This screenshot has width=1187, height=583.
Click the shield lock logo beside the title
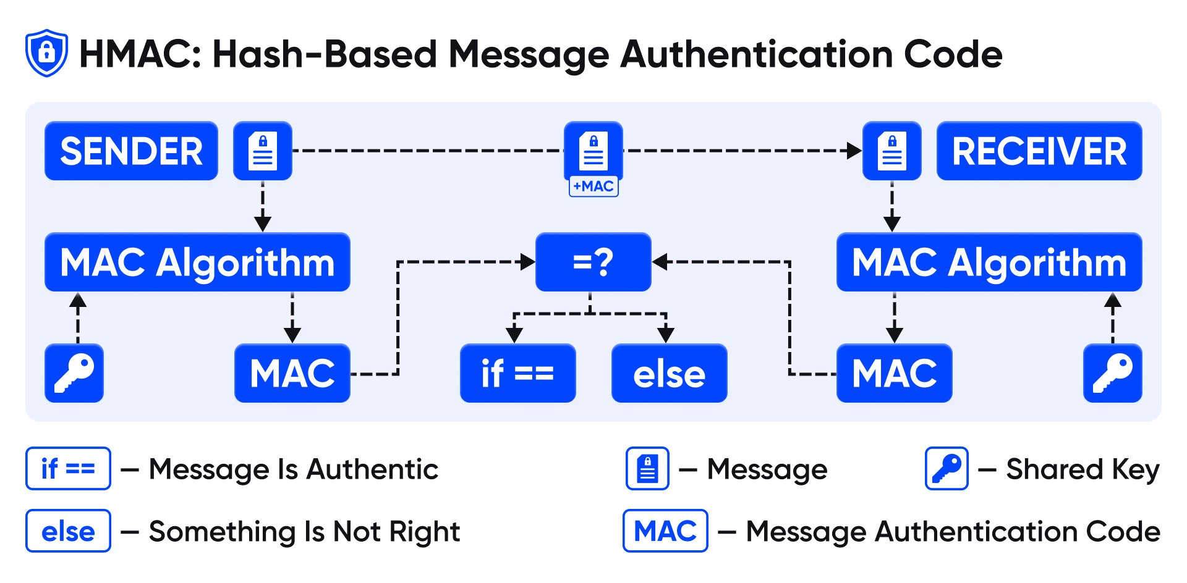tap(46, 53)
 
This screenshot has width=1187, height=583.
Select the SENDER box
tap(131, 151)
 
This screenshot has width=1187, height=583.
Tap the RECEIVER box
tap(1039, 151)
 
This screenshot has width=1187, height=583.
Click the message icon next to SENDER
tap(262, 151)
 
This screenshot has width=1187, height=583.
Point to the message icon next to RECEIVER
tap(891, 151)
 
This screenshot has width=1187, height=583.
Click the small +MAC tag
tap(593, 186)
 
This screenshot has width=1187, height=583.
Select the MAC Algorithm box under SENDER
tap(197, 262)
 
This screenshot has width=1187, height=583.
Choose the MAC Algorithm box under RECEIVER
tap(989, 262)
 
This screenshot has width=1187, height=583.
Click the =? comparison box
tap(593, 262)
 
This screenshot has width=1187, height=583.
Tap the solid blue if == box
tap(517, 373)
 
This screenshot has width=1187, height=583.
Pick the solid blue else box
tap(669, 373)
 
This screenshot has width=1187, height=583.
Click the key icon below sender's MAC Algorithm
tap(74, 373)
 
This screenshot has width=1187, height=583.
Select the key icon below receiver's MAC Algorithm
tap(1112, 373)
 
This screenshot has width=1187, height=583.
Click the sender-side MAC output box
tap(292, 373)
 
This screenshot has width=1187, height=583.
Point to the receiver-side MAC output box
tap(894, 373)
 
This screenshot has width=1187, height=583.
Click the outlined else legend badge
tap(68, 531)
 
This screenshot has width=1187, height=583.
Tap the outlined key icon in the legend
tap(946, 469)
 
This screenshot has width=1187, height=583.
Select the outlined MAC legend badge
tap(665, 531)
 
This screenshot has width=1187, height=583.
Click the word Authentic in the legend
tap(372, 469)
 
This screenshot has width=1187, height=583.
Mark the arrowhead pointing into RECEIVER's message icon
tap(854, 151)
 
